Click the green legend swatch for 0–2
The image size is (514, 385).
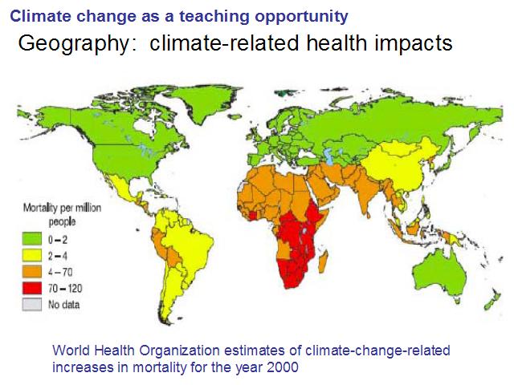click(32, 239)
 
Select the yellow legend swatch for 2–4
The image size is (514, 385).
click(32, 255)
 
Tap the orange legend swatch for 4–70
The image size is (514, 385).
click(32, 272)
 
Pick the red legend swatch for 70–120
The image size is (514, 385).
click(32, 288)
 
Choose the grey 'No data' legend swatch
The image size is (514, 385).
click(32, 305)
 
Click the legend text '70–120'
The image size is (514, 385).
click(65, 289)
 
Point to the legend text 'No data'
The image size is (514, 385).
click(64, 305)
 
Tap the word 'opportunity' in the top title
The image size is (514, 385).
click(302, 17)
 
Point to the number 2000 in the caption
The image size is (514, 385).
click(283, 367)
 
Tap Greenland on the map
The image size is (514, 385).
click(200, 102)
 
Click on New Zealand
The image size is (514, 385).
click(492, 301)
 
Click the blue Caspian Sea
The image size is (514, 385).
click(328, 156)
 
